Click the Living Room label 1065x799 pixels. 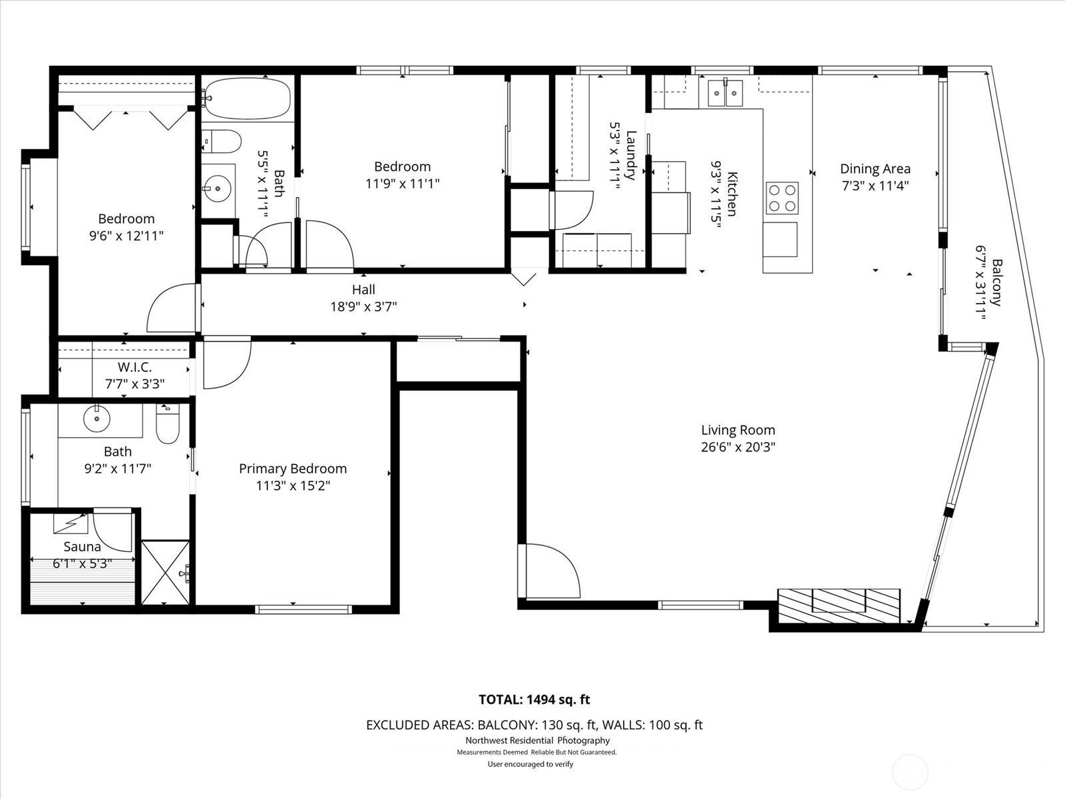point(738,430)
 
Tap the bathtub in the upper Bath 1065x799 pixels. point(246,99)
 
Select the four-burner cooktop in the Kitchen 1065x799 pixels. point(781,198)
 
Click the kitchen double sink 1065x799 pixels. point(725,93)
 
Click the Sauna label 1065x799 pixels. point(82,547)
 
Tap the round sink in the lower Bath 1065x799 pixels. point(97,419)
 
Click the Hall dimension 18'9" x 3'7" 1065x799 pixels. point(363,307)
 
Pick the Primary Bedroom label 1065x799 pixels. point(293,469)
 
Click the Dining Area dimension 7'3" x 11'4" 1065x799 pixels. point(875,186)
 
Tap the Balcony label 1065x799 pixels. point(996,282)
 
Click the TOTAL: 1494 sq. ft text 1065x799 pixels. point(534,700)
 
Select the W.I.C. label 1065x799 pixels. point(134,368)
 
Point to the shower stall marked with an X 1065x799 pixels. point(166,573)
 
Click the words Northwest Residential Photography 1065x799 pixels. point(537,740)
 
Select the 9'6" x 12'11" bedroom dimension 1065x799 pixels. point(126,236)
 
